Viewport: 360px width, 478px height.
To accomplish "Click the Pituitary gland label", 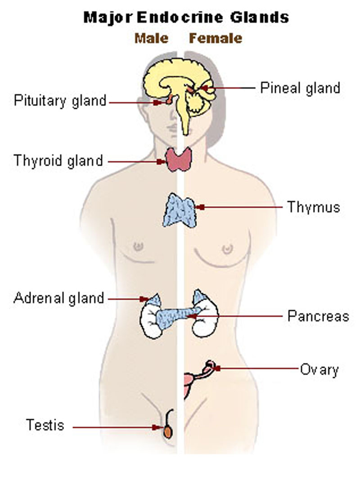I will [60, 100].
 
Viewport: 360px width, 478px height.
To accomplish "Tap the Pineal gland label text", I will [300, 88].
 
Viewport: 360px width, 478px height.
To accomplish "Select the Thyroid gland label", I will [58, 160].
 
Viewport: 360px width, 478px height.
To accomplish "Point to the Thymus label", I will [313, 207].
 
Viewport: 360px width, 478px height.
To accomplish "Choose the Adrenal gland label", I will [59, 298].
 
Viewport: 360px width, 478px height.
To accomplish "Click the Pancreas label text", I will [318, 316].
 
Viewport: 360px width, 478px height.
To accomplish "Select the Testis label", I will [45, 425].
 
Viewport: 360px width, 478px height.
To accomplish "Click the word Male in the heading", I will [152, 38].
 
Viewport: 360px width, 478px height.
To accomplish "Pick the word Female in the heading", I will [215, 38].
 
